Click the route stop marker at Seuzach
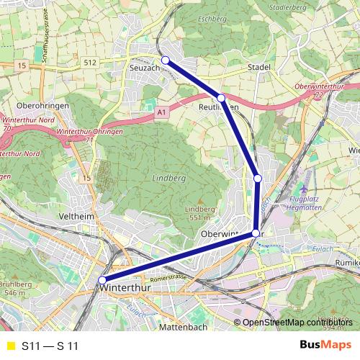pyautogui.click(x=166, y=60)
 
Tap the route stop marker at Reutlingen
pyautogui.click(x=221, y=98)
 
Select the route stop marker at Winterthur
pyautogui.click(x=102, y=280)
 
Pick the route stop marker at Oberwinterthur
pyautogui.click(x=256, y=233)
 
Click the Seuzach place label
pyautogui.click(x=145, y=68)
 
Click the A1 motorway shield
pyautogui.click(x=161, y=113)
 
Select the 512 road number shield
pyautogui.click(x=89, y=63)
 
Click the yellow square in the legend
pyautogui.click(x=10, y=346)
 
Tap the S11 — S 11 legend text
pyautogui.click(x=50, y=346)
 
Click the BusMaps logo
pyautogui.click(x=325, y=345)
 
